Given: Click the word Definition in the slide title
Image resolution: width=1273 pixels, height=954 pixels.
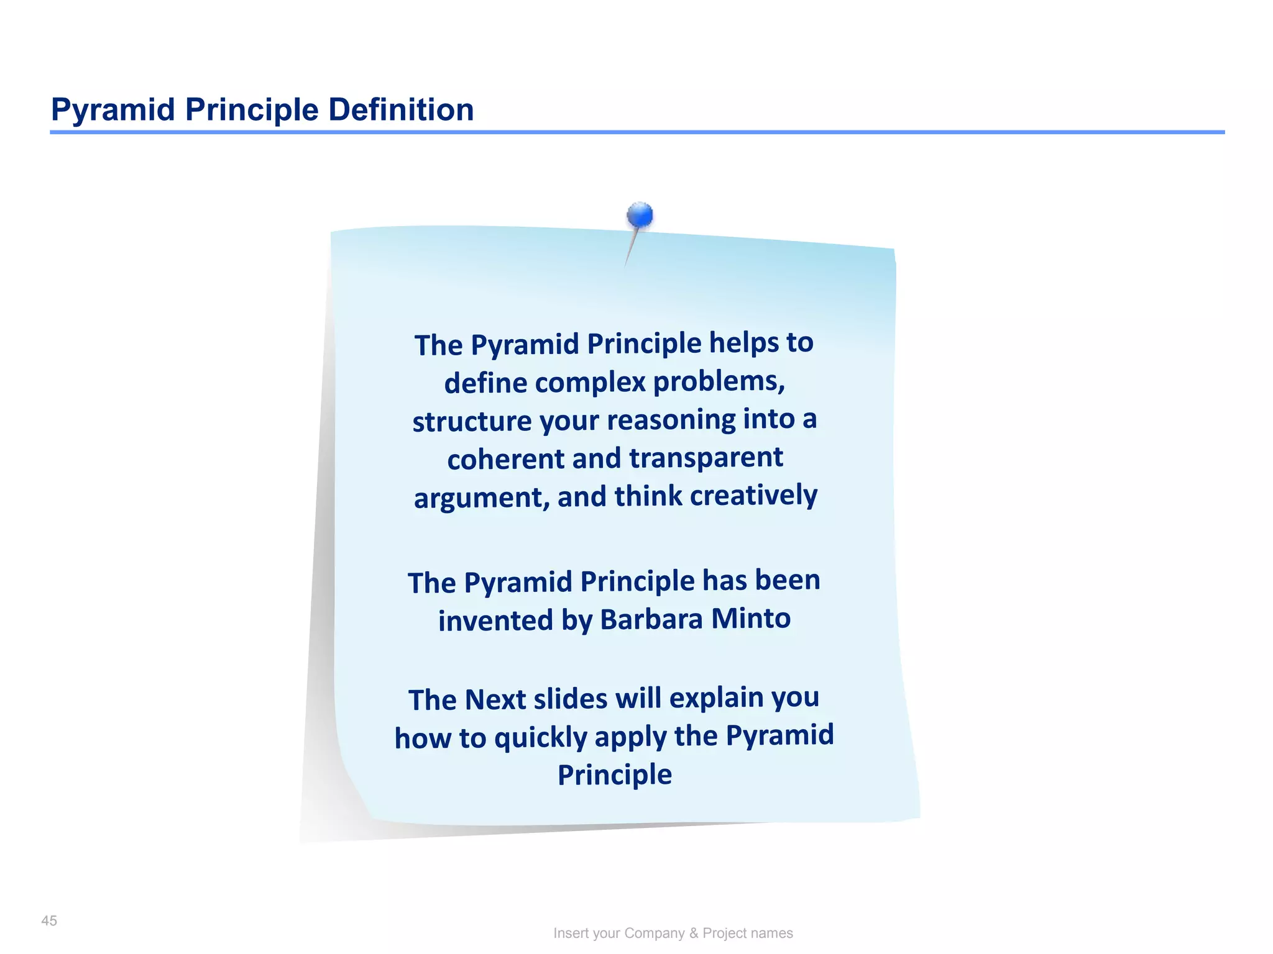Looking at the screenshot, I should click(401, 109).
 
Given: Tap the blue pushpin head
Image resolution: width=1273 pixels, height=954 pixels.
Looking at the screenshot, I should click(640, 216).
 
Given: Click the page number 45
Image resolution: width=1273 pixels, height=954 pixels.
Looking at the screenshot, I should click(49, 920).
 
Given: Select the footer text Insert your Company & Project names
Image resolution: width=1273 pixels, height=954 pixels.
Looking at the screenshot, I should click(673, 933).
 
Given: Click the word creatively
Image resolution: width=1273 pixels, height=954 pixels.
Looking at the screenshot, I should click(753, 495).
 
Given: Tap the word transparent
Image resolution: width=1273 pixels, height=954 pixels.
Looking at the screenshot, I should click(706, 458).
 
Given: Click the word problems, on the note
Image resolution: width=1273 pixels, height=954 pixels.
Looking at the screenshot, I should click(719, 381).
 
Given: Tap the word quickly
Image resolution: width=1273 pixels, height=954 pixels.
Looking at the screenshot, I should click(541, 738).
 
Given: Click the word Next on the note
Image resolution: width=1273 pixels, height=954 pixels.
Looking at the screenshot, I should click(495, 699).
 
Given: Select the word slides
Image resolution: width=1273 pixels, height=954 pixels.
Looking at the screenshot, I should click(571, 699).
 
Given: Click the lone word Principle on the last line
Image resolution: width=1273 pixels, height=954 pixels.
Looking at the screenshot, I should click(614, 775).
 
